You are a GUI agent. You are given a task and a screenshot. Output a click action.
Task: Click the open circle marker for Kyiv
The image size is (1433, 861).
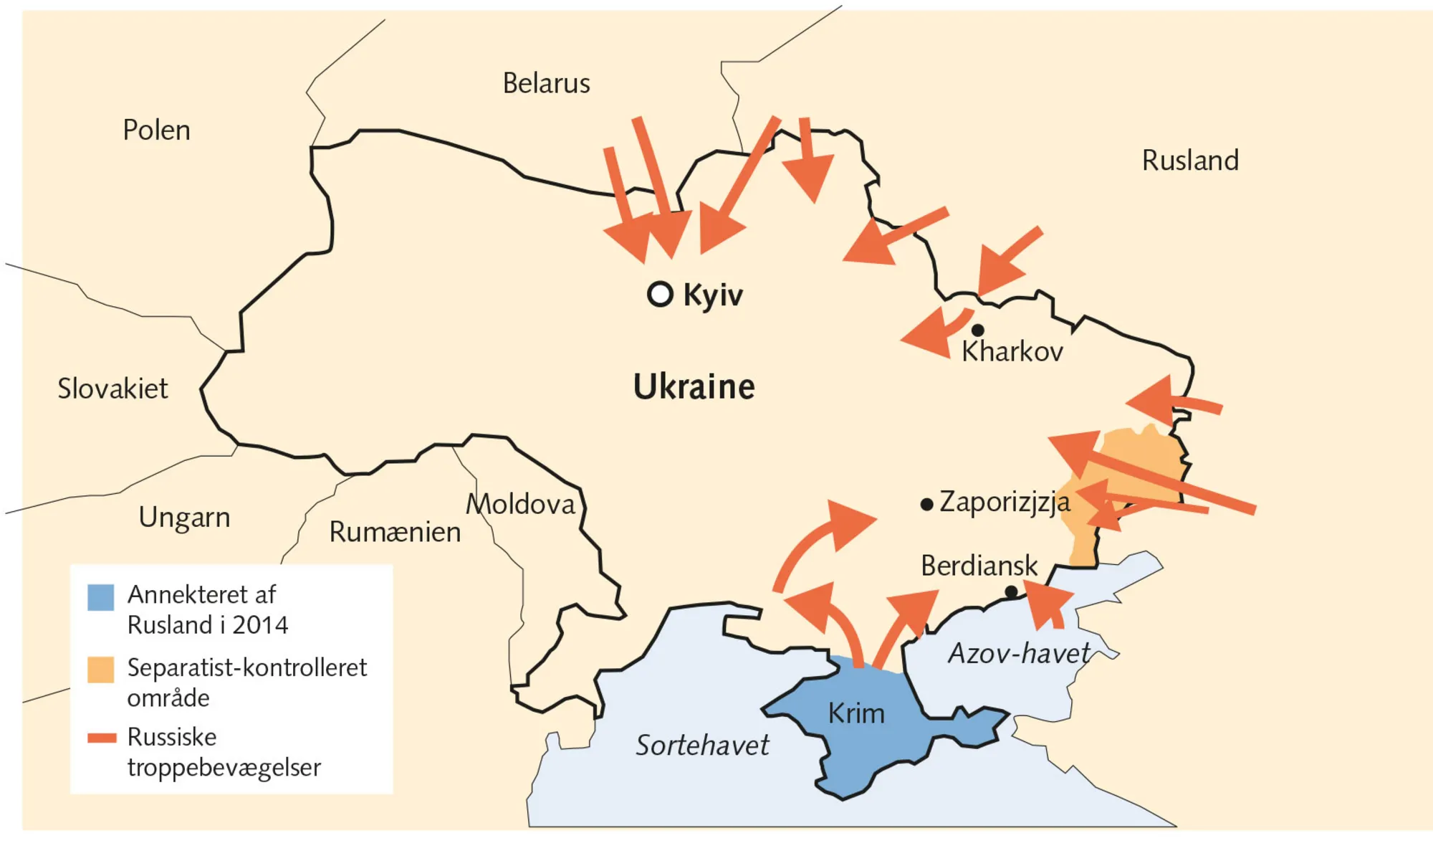pyautogui.click(x=660, y=294)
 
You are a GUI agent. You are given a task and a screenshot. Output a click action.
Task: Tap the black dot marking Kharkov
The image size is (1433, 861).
pyautogui.click(x=977, y=330)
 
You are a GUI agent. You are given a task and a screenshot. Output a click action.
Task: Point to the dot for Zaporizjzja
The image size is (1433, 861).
pyautogui.click(x=926, y=505)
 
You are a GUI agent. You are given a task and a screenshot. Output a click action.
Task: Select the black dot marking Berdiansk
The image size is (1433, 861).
pyautogui.click(x=1011, y=591)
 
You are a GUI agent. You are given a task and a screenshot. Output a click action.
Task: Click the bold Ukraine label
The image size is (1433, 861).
pyautogui.click(x=694, y=387)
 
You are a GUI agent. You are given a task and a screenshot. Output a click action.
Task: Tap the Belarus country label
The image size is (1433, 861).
pyautogui.click(x=546, y=84)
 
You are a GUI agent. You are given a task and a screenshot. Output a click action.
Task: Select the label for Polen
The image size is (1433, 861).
pyautogui.click(x=156, y=130)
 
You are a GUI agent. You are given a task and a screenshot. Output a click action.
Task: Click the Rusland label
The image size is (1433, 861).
pyautogui.click(x=1190, y=161)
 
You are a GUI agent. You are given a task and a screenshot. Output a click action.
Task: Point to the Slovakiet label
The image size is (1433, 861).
pyautogui.click(x=112, y=389)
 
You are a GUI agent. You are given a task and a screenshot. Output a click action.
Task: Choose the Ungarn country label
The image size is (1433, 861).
pyautogui.click(x=184, y=517)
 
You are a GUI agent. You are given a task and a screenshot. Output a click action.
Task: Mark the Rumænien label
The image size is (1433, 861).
pyautogui.click(x=395, y=532)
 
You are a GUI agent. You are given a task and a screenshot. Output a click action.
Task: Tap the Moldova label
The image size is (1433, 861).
pyautogui.click(x=520, y=504)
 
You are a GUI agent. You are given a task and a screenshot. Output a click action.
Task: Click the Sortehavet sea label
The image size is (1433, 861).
pyautogui.click(x=702, y=746)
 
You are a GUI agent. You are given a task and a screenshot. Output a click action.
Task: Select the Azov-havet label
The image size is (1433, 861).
pyautogui.click(x=1018, y=653)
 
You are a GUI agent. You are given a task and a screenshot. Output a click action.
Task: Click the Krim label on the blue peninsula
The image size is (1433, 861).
pyautogui.click(x=856, y=713)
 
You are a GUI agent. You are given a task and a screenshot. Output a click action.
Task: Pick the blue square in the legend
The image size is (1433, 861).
pyautogui.click(x=100, y=597)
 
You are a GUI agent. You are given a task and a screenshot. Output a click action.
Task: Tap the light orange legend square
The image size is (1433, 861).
pyautogui.click(x=100, y=669)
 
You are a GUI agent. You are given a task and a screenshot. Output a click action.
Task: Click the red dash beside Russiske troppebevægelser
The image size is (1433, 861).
pyautogui.click(x=102, y=738)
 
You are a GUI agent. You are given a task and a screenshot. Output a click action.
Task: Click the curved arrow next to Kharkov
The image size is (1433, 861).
pyautogui.click(x=939, y=331)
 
